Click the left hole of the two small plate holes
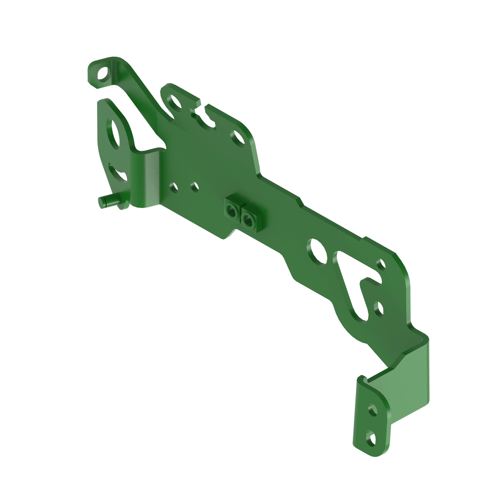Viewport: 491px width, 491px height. click(174, 188)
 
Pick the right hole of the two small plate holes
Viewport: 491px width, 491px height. click(195, 187)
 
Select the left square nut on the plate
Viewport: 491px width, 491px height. click(232, 211)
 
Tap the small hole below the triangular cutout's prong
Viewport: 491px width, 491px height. click(378, 309)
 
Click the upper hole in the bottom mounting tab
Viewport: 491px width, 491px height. click(372, 410)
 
